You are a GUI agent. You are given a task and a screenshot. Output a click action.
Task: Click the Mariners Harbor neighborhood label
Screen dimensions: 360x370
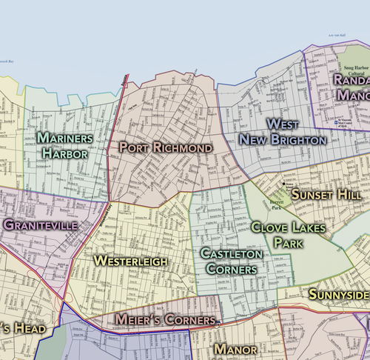(64, 146)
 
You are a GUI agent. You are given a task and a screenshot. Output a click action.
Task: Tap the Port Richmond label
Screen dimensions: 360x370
(166, 147)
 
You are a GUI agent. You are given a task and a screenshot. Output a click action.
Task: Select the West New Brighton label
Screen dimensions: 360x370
(283, 131)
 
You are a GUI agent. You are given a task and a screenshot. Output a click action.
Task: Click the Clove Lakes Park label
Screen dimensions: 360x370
(288, 236)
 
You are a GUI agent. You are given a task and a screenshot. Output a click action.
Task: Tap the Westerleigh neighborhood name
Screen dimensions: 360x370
(130, 261)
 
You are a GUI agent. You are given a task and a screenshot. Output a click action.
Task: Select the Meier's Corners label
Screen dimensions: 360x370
(165, 319)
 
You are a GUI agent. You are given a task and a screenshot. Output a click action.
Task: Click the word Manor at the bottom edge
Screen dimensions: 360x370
(235, 349)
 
